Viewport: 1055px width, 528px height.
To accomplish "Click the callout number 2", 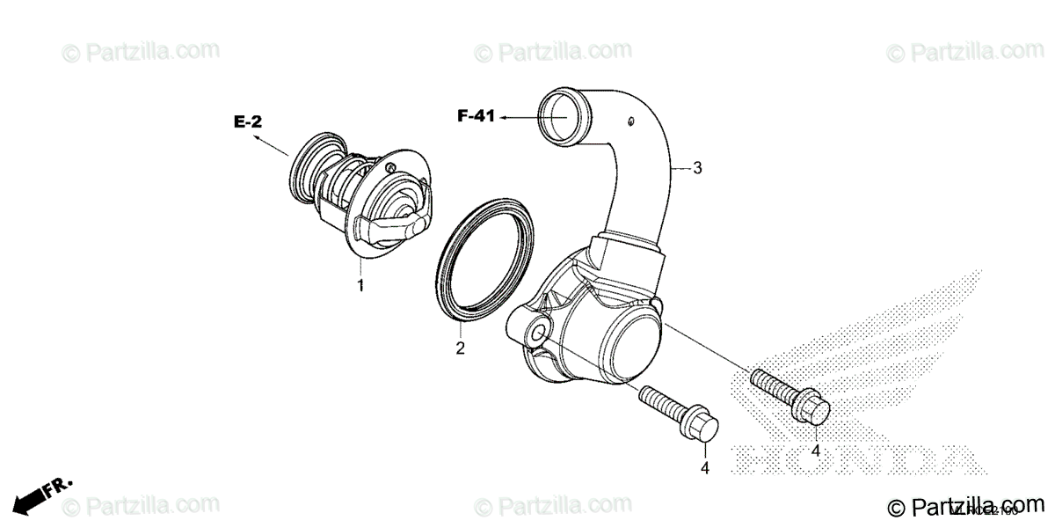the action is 459,348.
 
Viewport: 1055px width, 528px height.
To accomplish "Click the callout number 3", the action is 697,167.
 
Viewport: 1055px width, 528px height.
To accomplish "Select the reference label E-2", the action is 247,122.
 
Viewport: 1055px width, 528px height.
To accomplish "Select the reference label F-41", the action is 477,115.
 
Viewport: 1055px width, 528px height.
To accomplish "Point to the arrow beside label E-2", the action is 272,146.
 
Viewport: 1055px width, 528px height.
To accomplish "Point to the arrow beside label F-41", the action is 519,116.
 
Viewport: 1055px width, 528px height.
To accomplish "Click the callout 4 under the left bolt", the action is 704,468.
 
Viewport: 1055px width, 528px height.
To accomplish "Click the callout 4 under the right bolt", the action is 815,451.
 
